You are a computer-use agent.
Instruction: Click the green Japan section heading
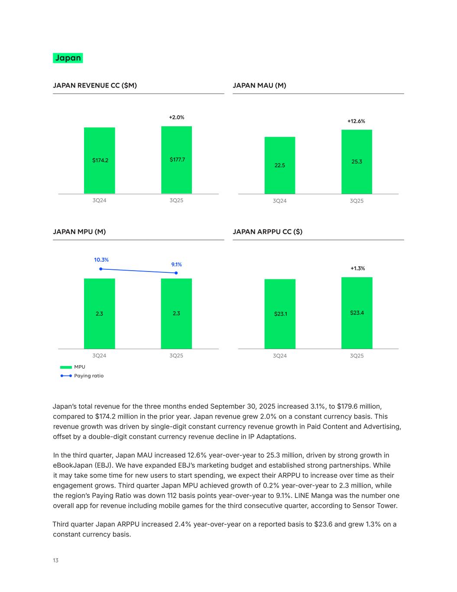[x=68, y=58]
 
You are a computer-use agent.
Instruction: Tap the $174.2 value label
[x=100, y=160]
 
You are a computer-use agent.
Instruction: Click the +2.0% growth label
[x=176, y=118]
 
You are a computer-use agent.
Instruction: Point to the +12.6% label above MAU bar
[x=356, y=121]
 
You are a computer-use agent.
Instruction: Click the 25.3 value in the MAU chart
[x=357, y=162]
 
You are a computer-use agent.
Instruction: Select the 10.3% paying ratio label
[x=101, y=260]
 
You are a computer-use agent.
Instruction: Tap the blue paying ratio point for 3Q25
[x=176, y=273]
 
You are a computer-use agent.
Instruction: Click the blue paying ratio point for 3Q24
[x=101, y=269]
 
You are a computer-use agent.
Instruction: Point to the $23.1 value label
[x=280, y=314]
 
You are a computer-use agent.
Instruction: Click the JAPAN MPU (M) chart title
[x=79, y=232]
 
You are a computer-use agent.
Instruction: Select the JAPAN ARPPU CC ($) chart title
[x=267, y=232]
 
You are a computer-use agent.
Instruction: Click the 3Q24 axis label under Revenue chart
[x=99, y=200]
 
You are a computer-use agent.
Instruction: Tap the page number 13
[x=55, y=560]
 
